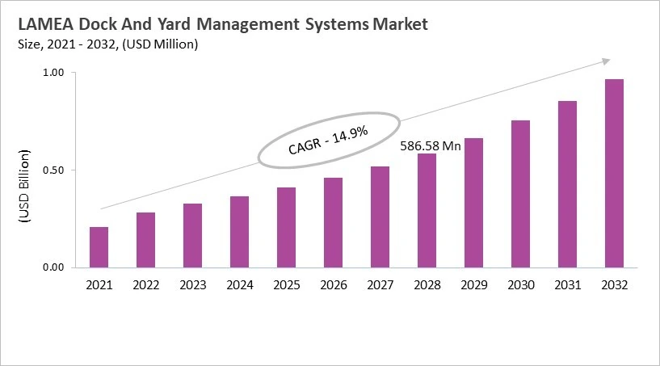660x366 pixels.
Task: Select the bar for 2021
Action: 99,247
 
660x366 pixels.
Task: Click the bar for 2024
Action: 239,232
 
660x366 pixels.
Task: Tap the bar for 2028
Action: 427,210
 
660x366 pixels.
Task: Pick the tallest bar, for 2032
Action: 614,173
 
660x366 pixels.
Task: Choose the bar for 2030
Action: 520,194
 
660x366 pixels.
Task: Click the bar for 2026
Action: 333,222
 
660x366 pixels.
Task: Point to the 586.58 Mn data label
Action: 431,146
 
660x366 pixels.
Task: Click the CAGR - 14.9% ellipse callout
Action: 329,140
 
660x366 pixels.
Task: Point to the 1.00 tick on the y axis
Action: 54,73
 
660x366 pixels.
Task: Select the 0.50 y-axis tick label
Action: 54,170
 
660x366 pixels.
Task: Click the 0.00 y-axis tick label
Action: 54,267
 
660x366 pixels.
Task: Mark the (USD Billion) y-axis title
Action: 23,187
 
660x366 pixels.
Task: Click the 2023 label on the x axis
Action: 192,285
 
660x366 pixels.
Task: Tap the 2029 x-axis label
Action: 473,285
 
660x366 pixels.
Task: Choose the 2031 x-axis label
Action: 567,285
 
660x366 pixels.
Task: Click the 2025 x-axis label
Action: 286,285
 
